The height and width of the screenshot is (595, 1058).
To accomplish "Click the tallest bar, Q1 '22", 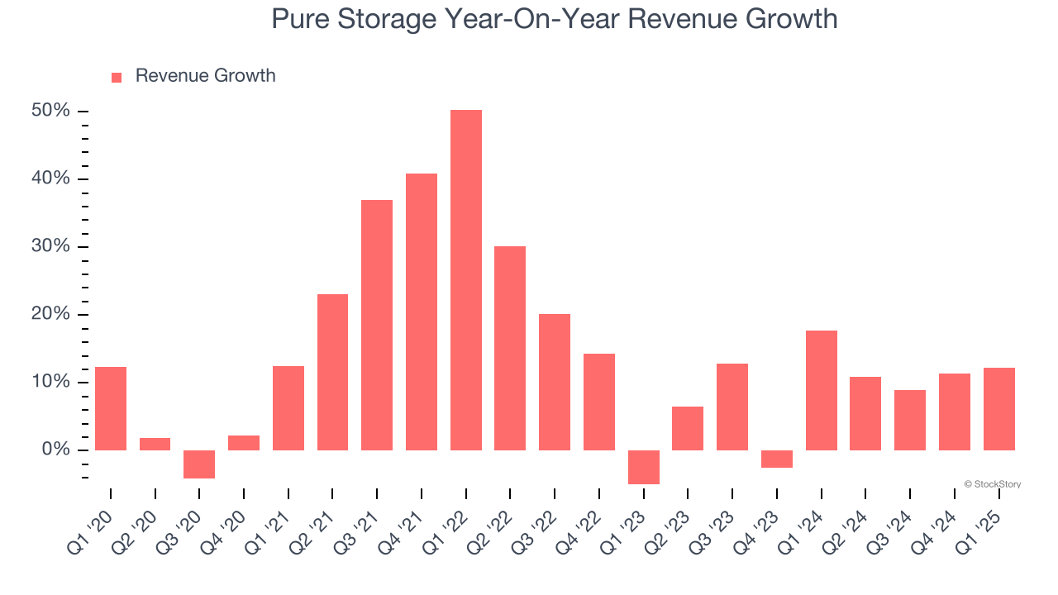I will [x=466, y=280].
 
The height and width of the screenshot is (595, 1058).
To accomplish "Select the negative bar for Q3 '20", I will [x=199, y=464].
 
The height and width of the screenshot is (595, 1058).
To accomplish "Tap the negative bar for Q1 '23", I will [x=644, y=467].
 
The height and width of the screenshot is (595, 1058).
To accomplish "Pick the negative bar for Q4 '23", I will [x=777, y=459].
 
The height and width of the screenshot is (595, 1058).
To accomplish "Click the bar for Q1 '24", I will [x=822, y=390].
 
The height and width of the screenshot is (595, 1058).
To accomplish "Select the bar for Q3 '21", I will [x=377, y=325].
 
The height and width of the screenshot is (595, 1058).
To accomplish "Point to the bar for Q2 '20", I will [x=155, y=444].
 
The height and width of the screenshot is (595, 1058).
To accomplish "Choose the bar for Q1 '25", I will [x=999, y=409].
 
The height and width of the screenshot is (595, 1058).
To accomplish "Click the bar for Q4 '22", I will [x=599, y=402].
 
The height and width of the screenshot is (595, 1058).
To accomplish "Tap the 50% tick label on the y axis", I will [x=50, y=111].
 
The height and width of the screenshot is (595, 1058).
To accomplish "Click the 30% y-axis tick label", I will [x=50, y=246].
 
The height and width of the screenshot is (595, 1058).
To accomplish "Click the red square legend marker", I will [x=117, y=77].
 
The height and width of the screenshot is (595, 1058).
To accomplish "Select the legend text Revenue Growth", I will [x=205, y=76].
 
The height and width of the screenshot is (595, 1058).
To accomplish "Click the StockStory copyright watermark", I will [x=992, y=484].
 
